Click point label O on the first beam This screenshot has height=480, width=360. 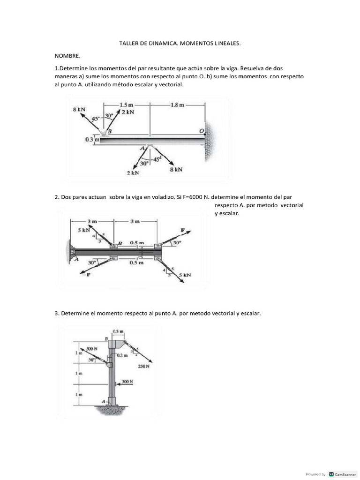[202, 132]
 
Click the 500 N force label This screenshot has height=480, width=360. [92, 349]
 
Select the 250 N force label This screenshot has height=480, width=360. [144, 367]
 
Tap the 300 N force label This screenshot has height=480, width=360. [127, 382]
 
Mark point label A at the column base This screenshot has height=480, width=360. [104, 401]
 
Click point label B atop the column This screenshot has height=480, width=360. [106, 338]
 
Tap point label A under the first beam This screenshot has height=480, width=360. [143, 149]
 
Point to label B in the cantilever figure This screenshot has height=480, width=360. [120, 243]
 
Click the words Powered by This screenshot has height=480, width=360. [315, 474]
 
